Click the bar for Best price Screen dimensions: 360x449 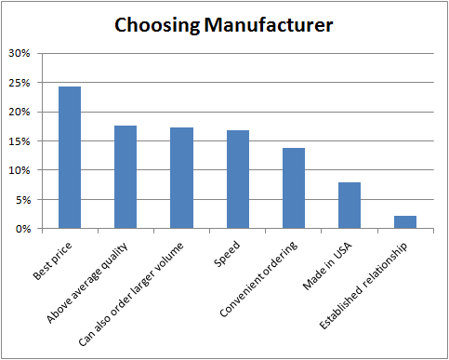69,157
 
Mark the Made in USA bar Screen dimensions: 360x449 350,206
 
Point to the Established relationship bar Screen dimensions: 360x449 406,222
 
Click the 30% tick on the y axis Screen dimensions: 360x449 20,54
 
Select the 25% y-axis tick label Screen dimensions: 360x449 20,83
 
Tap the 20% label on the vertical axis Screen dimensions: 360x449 20,113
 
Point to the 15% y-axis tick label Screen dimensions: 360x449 20,141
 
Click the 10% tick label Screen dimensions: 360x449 20,170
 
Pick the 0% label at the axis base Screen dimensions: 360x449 24,229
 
